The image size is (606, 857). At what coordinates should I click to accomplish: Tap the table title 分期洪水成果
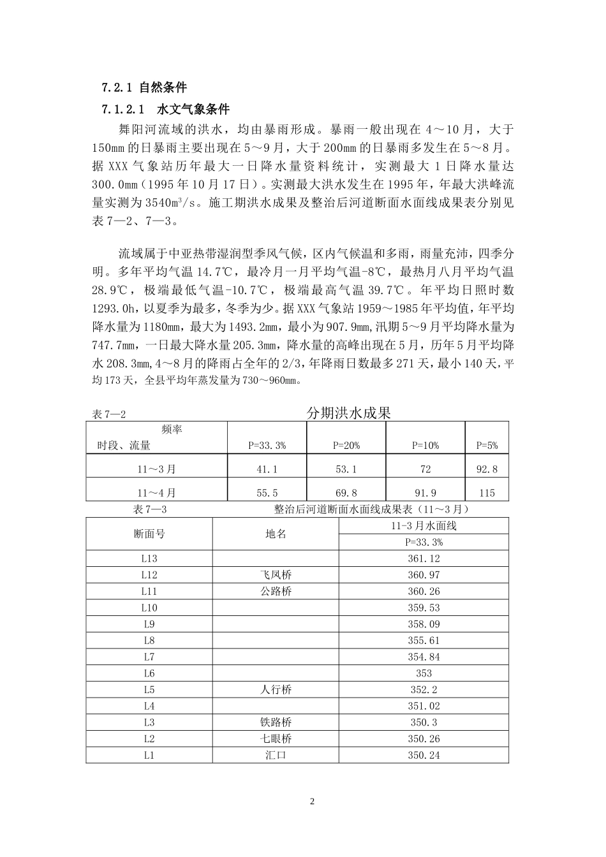pos(348,413)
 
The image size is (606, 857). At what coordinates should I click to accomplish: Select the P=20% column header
pos(346,446)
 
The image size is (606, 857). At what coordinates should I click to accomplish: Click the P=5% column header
pos(487,446)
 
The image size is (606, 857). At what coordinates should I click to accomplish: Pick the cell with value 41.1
pos(267,469)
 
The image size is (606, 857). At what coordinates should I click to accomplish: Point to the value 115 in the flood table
pos(487,493)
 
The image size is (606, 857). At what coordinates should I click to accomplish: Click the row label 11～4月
pos(157,493)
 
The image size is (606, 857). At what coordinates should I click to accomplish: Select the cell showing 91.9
pos(425,493)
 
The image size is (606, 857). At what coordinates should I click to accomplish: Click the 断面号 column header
pos(149,534)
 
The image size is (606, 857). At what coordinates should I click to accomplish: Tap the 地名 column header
pos(276,534)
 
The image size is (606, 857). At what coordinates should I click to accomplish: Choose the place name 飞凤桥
pos(276,575)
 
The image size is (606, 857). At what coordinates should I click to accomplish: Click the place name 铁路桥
pos(276,722)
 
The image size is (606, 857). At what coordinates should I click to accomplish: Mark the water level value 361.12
pos(424,559)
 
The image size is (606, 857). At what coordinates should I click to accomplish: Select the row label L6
pos(149,673)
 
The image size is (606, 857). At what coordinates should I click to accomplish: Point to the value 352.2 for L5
pos(424,690)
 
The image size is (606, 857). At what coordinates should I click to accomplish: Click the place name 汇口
pos(276,756)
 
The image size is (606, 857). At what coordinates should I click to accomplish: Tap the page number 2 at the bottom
pos(312,802)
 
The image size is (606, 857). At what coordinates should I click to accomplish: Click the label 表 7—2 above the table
pos(109,415)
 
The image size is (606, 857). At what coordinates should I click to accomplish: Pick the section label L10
pos(149,608)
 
